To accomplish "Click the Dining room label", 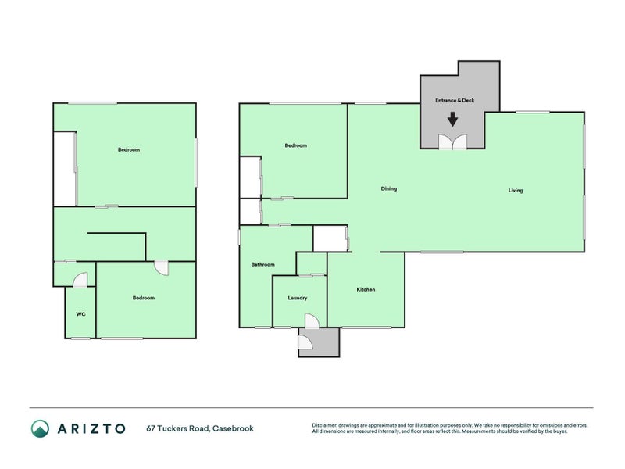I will click(389, 188).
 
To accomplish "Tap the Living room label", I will click(516, 190).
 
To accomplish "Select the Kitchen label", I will click(366, 290).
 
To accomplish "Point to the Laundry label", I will click(297, 298).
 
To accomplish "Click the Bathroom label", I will click(262, 264).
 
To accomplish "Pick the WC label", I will click(80, 314).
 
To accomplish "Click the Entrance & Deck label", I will click(455, 101).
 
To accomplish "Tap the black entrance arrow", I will click(452, 120).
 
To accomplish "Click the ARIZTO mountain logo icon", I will click(40, 428).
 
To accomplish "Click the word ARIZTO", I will click(91, 428).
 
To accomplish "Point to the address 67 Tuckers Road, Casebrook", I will click(200, 428).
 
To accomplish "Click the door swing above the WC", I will click(80, 280).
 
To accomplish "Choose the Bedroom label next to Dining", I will click(296, 145).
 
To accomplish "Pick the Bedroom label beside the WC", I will click(144, 298).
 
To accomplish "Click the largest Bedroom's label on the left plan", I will click(129, 149).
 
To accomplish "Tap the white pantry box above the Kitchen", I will click(329, 238).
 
